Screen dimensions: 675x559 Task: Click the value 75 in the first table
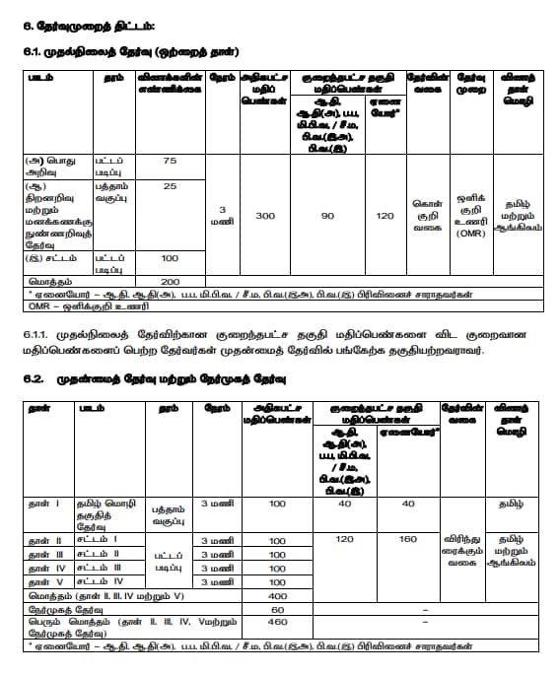pos(170,161)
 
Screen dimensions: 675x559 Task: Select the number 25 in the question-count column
pos(170,186)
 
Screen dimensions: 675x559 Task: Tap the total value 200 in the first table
pos(170,281)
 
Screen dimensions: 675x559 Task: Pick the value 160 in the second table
pos(406,540)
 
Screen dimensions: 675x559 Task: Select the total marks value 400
pos(277,596)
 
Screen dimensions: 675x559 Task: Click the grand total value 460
pos(277,623)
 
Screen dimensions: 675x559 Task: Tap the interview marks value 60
pos(277,610)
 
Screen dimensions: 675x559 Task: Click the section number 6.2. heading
pos(32,378)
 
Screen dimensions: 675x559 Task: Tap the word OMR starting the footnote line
pos(38,304)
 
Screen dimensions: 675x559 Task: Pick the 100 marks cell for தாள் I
pos(277,504)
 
